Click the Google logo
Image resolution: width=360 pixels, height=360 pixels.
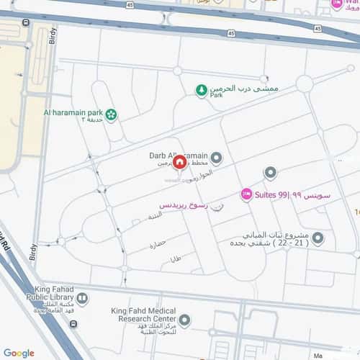(19, 353)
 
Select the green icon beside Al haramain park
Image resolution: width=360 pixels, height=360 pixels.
(111, 114)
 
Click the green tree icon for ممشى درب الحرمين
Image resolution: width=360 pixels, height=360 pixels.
(202, 91)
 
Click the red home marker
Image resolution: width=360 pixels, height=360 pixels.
(179, 164)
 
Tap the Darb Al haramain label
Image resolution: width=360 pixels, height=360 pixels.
(176, 155)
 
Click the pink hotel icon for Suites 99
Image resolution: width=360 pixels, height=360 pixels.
(246, 194)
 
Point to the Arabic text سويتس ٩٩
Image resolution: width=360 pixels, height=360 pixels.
(315, 195)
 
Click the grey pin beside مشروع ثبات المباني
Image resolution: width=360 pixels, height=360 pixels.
(318, 238)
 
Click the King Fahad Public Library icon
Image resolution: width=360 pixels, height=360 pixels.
(82, 297)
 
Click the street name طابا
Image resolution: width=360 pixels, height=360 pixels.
(175, 258)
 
